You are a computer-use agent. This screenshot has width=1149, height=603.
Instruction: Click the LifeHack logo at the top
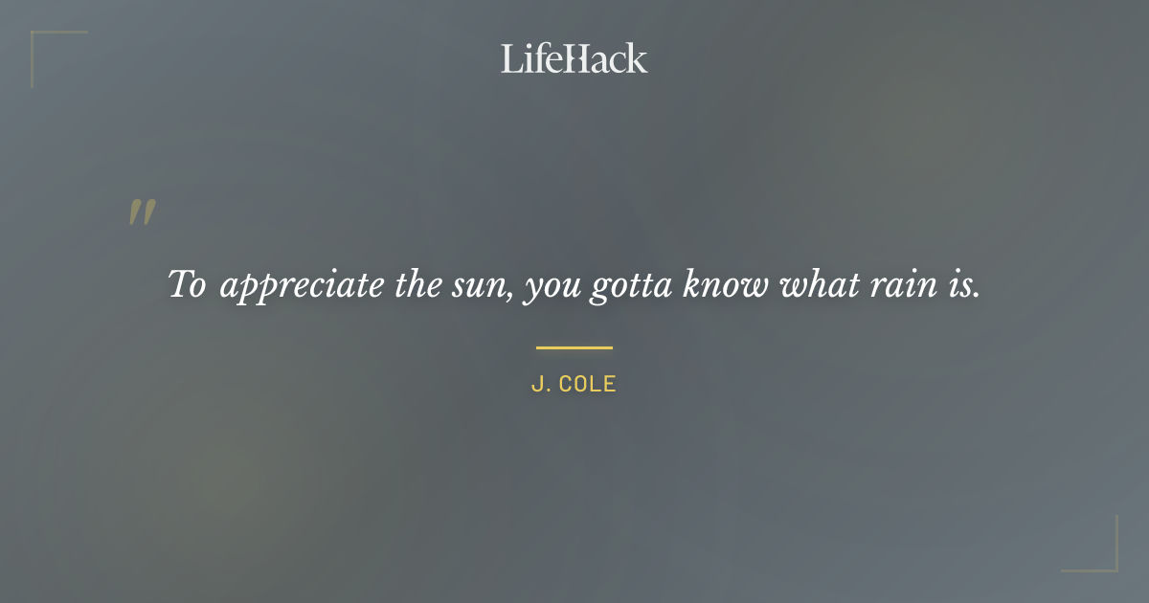tap(574, 58)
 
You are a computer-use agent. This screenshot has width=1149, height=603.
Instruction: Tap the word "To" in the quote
tap(187, 284)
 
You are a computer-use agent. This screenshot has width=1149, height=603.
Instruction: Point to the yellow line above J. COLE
tap(574, 347)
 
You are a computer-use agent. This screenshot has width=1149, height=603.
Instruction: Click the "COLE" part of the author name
tap(587, 385)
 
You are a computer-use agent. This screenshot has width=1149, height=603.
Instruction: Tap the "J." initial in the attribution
tap(540, 385)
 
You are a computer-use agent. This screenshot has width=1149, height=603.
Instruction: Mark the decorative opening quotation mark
tap(142, 212)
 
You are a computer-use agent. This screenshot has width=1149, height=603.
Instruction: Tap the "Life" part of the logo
tap(529, 58)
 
